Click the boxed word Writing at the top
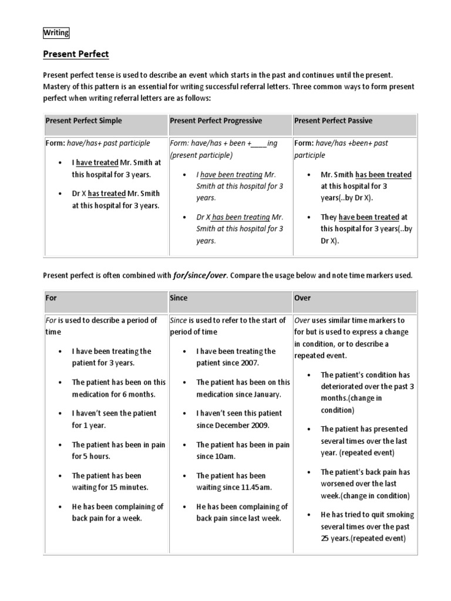tap(56, 33)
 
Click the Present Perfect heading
tap(76, 54)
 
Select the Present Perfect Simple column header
tap(84, 121)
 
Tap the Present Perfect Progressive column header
tap(216, 121)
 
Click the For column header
tap(51, 298)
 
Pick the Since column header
tap(179, 298)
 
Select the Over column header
tap(302, 298)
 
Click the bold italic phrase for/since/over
tap(200, 275)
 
